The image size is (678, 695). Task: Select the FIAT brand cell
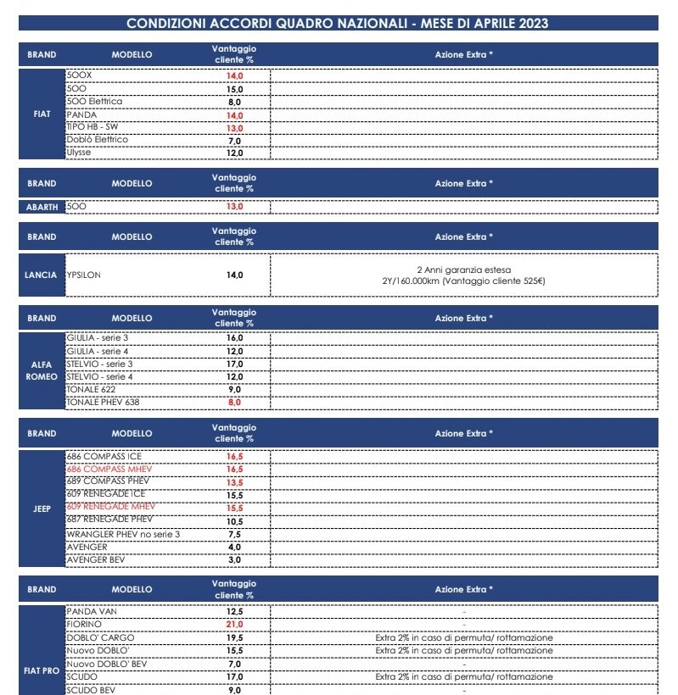42,114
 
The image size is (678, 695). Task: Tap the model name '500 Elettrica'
94,102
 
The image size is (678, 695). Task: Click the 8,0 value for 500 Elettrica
235,102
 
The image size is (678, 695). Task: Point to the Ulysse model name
80,153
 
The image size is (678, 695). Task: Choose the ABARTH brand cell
42,206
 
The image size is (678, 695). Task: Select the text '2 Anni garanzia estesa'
463,268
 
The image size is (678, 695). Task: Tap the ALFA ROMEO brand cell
42,370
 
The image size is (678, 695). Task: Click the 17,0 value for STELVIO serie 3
235,364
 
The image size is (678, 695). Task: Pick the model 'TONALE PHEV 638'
102,402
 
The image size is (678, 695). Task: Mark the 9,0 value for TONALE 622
235,389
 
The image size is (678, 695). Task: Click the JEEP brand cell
42,509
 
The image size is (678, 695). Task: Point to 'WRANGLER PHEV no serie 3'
123,534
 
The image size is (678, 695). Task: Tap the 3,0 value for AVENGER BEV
235,559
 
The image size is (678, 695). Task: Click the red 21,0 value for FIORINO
235,624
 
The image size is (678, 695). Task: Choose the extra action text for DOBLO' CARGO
463,637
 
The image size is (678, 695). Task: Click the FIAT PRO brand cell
42,670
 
